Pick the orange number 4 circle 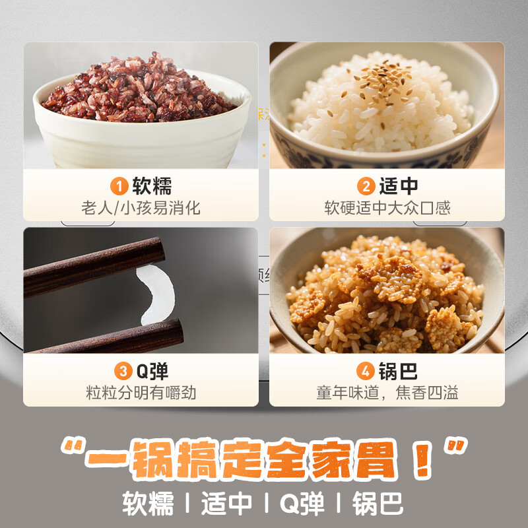click(367, 372)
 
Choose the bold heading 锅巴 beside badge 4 click(398, 372)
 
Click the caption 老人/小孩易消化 click(141, 209)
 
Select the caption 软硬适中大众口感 click(387, 209)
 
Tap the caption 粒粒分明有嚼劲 click(141, 393)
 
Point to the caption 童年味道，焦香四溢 click(387, 393)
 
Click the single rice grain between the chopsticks click(156, 294)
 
